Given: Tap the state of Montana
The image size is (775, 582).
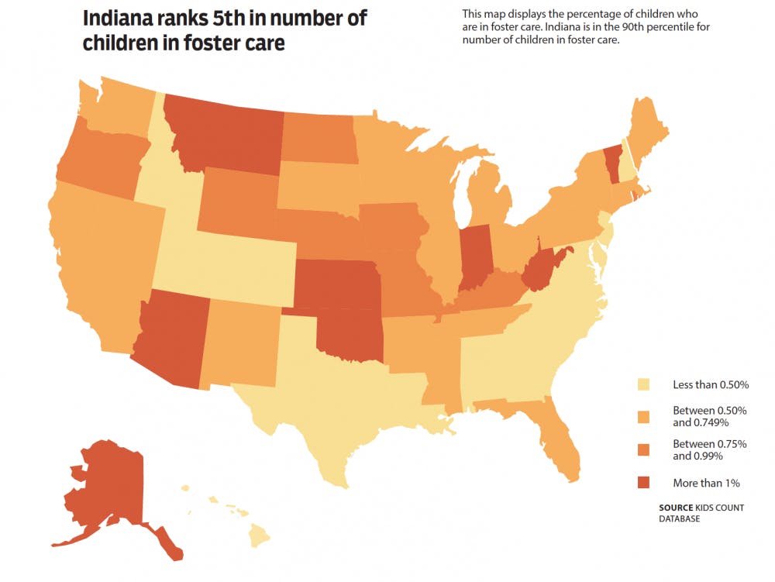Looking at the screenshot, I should pyautogui.click(x=225, y=132).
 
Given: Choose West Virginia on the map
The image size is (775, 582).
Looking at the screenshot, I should pyautogui.click(x=542, y=271).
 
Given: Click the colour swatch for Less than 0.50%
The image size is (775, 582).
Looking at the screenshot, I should pyautogui.click(x=642, y=384).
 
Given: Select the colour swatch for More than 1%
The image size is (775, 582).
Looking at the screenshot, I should pyautogui.click(x=642, y=483).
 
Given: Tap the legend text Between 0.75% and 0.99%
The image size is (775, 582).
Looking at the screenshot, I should pyautogui.click(x=697, y=450).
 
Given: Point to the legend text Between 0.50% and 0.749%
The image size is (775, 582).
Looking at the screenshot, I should pyautogui.click(x=697, y=417).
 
